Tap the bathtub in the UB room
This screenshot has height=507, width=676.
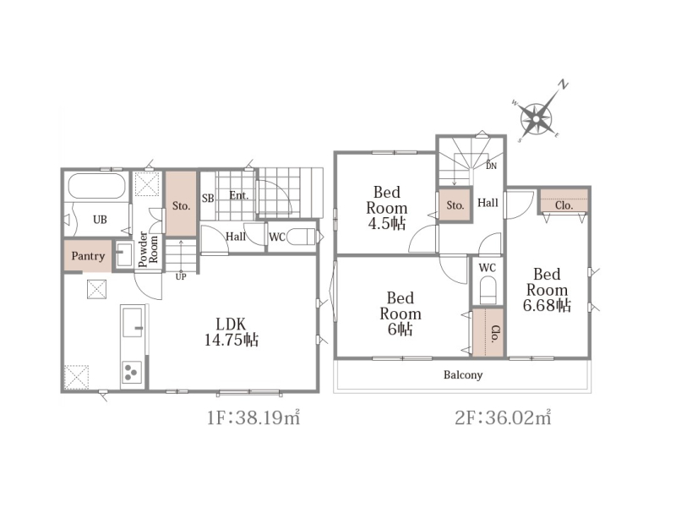[x=97, y=186]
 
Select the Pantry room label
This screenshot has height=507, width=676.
[x=88, y=256]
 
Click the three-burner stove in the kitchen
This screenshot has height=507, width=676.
[x=132, y=372]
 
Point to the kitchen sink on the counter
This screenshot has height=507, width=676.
[x=133, y=323]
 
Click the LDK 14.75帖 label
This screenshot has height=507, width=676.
[x=232, y=332]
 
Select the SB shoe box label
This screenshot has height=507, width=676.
[x=208, y=199]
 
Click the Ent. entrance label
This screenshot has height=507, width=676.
[x=239, y=196]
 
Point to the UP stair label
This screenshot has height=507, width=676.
[x=181, y=276]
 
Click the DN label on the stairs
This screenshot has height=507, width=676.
[x=491, y=166]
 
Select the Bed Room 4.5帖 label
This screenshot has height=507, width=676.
[x=386, y=208]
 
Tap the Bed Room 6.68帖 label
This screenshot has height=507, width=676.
[x=547, y=290]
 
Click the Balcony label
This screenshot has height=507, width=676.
[x=463, y=374]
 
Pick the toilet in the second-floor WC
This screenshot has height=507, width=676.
[x=488, y=291]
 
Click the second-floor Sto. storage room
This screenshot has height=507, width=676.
[x=455, y=205]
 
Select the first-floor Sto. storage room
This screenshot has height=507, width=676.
[x=181, y=204]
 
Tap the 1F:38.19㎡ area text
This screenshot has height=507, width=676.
[x=253, y=417]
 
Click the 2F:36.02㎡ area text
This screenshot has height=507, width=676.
[x=503, y=417]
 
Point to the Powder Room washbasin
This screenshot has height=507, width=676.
[x=123, y=255]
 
